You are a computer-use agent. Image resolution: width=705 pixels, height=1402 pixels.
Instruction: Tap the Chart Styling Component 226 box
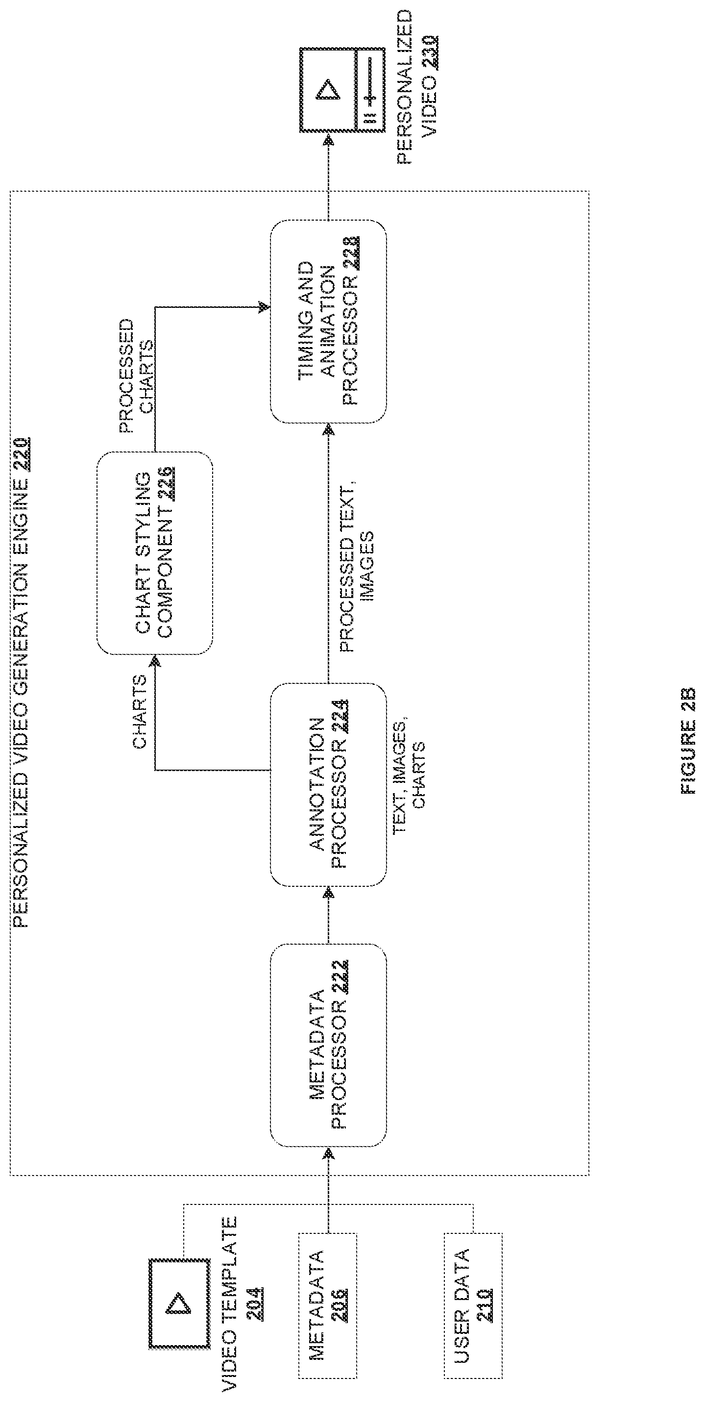pyautogui.click(x=154, y=553)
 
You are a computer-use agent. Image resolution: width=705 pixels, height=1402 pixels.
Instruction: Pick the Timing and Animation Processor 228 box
pyautogui.click(x=329, y=321)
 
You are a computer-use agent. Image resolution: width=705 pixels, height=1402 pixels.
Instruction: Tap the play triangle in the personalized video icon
pyautogui.click(x=327, y=90)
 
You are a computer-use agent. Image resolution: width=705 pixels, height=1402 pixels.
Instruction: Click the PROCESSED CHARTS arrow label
pyautogui.click(x=136, y=376)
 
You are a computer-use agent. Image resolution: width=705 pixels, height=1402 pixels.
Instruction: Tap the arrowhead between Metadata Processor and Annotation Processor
pyautogui.click(x=328, y=893)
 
